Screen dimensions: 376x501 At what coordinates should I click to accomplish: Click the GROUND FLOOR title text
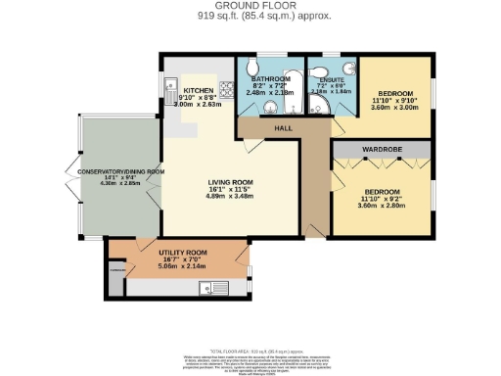(x=250, y=5)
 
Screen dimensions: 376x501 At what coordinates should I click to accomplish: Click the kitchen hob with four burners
(x=226, y=90)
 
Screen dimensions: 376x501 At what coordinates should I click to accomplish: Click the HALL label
(x=283, y=127)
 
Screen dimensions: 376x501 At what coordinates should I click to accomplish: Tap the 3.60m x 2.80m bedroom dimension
(x=382, y=206)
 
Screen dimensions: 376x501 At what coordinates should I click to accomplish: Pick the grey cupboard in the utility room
(x=117, y=278)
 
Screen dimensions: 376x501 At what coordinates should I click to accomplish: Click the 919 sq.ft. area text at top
(x=250, y=17)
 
